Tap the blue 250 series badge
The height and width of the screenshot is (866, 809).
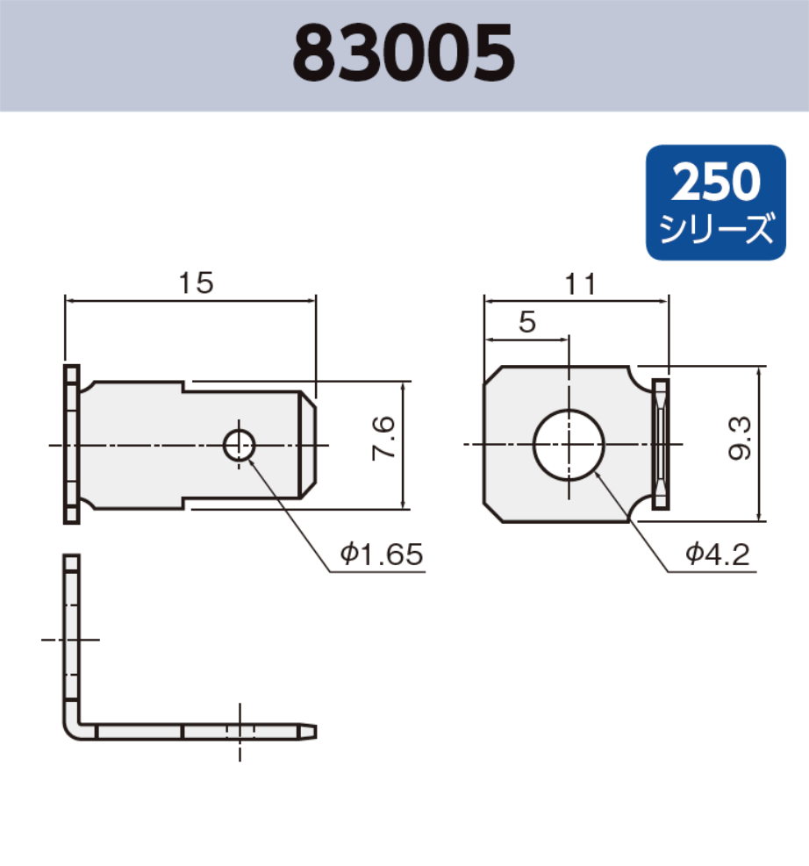715,202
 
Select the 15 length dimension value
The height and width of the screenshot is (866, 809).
196,283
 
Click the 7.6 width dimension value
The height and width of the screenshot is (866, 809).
383,444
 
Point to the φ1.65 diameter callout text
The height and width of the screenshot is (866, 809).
382,554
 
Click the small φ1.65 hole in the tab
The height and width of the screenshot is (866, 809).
239,445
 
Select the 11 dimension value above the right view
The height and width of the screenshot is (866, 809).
580,284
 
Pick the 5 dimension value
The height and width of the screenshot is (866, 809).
526,323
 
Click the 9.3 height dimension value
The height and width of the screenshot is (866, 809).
739,439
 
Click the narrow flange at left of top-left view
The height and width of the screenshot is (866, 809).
71,444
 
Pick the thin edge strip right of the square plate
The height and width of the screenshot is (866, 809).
660,444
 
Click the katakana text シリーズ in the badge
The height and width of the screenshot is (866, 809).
715,231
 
